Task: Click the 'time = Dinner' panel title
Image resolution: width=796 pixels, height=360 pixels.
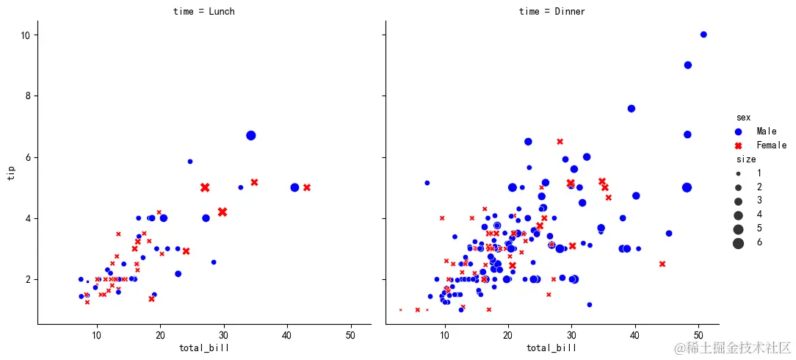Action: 552,11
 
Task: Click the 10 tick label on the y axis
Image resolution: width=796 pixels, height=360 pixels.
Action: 24,35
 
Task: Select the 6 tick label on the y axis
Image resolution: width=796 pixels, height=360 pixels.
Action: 27,157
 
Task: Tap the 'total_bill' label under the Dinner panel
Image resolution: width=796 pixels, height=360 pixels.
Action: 552,348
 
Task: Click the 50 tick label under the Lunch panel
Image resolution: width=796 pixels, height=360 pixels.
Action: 350,335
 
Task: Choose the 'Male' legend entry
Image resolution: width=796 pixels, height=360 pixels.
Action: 766,131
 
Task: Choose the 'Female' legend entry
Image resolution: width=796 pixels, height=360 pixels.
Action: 771,145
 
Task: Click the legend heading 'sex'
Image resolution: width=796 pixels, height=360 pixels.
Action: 743,118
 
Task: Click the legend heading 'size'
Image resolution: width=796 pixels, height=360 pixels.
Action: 746,159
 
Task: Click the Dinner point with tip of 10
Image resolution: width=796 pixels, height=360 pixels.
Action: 703,35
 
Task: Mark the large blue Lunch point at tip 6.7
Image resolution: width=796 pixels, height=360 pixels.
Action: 250,135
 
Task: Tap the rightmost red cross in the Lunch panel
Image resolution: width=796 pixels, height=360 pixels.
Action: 307,187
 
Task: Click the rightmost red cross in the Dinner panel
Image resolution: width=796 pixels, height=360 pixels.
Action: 662,264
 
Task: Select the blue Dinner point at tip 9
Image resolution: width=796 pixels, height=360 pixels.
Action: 688,65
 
